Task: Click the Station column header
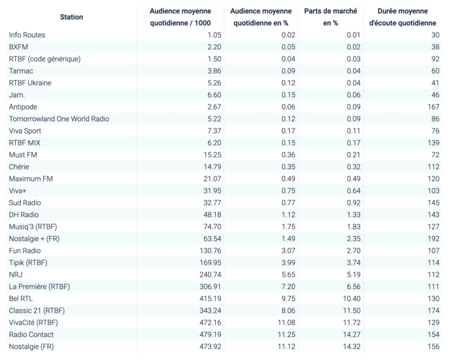click(x=71, y=17)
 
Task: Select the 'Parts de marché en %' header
click(x=331, y=17)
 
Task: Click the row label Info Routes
click(x=27, y=35)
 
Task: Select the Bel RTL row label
click(x=22, y=298)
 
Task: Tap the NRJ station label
click(x=16, y=275)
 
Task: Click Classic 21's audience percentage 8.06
click(x=286, y=310)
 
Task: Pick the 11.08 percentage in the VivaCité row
click(x=285, y=323)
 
